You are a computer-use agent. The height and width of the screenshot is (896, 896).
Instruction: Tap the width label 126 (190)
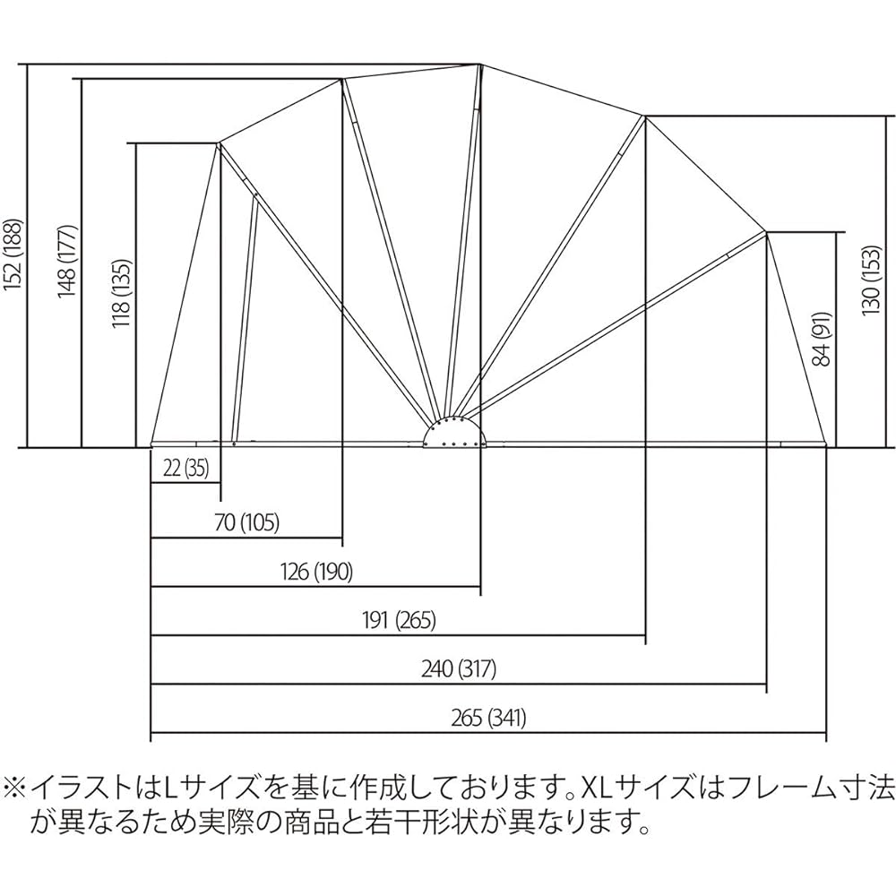coord(315,572)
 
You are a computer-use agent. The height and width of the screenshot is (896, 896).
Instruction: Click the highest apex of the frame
coord(481,65)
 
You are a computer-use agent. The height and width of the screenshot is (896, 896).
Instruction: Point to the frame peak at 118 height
coord(219,143)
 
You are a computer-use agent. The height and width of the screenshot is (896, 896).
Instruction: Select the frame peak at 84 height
coord(767,233)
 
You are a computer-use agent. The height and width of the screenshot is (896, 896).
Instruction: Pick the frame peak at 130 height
coord(645,116)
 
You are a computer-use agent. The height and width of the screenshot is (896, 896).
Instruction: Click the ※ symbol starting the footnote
coord(17,788)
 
